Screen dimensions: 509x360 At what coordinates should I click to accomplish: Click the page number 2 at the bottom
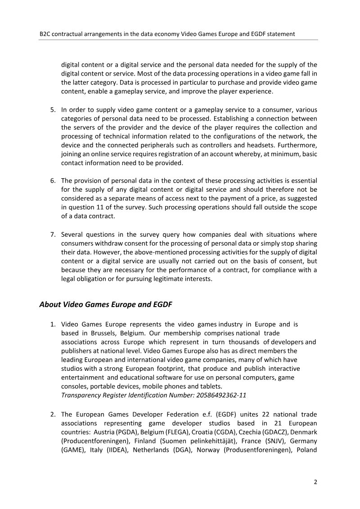[x=315, y=482]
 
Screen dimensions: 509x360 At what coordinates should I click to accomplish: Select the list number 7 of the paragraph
[x=52, y=234]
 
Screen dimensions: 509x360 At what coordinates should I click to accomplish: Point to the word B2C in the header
[x=45, y=33]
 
